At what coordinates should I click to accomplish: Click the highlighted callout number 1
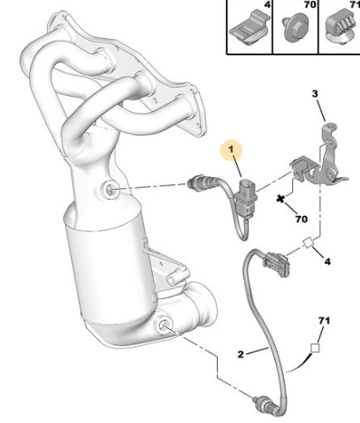[x=231, y=149]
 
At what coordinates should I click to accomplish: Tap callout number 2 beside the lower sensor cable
[x=241, y=354]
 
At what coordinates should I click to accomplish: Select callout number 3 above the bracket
[x=315, y=94]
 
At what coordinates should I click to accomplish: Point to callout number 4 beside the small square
[x=327, y=261]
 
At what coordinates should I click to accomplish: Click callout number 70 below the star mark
[x=301, y=219]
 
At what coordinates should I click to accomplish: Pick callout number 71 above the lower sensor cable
[x=324, y=321]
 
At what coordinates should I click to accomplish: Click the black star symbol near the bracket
[x=280, y=199]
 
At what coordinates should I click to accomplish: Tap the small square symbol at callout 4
[x=308, y=243]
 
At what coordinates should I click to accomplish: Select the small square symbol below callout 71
[x=315, y=348]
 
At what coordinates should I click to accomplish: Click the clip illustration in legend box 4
[x=249, y=28]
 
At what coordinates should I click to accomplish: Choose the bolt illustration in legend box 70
[x=295, y=27]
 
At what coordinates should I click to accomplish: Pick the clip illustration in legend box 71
[x=342, y=26]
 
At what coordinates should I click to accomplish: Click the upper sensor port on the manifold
[x=109, y=190]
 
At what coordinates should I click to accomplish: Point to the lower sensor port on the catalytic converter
[x=163, y=324]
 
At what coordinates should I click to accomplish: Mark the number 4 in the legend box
[x=267, y=5]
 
